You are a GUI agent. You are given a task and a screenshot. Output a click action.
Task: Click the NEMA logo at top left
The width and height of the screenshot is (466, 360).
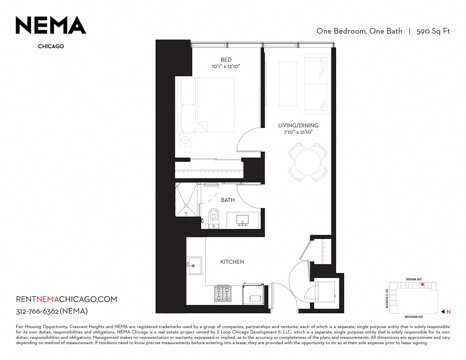pyautogui.click(x=51, y=25)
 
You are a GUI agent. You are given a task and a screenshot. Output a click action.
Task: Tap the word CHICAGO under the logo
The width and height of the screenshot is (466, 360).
pyautogui.click(x=51, y=46)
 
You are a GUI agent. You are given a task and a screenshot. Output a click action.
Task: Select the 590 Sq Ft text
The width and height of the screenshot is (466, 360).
pyautogui.click(x=433, y=31)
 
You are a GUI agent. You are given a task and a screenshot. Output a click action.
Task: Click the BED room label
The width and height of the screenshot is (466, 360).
pyautogui.click(x=226, y=60)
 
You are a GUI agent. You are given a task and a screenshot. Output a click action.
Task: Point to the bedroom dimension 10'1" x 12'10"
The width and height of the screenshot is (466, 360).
pyautogui.click(x=226, y=66)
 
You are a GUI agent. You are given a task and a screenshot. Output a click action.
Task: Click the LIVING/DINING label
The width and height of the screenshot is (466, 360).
pyautogui.click(x=298, y=125)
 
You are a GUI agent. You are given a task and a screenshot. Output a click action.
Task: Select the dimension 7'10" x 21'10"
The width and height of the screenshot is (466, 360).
pyautogui.click(x=298, y=132)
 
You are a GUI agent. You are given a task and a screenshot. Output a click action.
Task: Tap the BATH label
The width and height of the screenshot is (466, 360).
pyautogui.click(x=228, y=200)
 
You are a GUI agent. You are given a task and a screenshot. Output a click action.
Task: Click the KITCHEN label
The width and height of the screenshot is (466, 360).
pyautogui.click(x=232, y=262)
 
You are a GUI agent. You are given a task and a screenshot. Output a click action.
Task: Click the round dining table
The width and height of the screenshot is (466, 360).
pyautogui.click(x=308, y=162)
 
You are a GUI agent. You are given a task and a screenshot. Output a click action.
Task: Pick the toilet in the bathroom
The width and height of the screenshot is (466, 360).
pyautogui.click(x=214, y=218)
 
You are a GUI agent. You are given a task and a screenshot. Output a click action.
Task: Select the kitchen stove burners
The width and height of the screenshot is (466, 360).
pyautogui.click(x=223, y=294)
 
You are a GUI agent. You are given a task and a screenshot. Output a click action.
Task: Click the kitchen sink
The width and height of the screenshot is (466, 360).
pyautogui.click(x=194, y=266)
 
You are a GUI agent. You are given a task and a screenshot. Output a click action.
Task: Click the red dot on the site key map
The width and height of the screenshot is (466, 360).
pyautogui.click(x=422, y=285)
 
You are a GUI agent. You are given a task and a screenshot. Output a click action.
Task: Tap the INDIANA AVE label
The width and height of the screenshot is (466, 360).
pyautogui.click(x=414, y=279)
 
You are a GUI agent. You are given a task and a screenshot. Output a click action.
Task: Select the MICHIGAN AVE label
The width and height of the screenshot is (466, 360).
pyautogui.click(x=414, y=317)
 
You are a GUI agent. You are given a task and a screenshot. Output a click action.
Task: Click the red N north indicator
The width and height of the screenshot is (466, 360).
pyautogui.click(x=448, y=312)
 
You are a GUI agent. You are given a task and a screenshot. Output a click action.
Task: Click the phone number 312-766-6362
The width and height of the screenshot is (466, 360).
pyautogui.click(x=37, y=311)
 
